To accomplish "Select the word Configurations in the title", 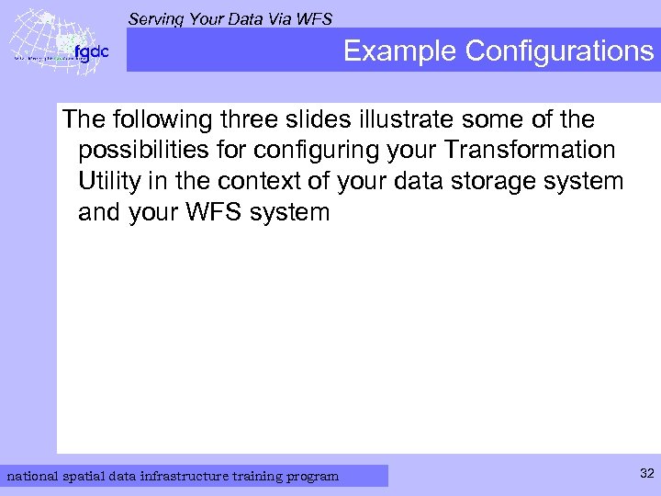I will click(559, 51).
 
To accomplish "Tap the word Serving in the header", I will click(157, 17).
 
